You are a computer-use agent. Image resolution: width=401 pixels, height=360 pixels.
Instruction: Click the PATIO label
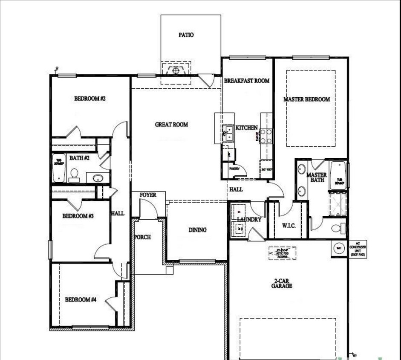[x=186, y=35]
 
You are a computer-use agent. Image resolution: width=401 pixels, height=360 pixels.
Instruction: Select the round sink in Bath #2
[x=98, y=177]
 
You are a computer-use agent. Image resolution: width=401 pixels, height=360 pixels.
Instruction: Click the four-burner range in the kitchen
[x=266, y=136]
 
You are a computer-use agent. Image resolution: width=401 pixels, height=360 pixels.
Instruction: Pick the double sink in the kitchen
[x=228, y=136]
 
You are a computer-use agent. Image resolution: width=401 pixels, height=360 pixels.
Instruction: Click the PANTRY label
[x=234, y=168]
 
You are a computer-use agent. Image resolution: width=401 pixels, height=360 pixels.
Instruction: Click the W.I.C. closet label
[x=288, y=226]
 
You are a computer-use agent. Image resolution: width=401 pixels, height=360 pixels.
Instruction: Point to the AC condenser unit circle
[x=339, y=249]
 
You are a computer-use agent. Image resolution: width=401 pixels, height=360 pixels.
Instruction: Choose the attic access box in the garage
[x=282, y=254]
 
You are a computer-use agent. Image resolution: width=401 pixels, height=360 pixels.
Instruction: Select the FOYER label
[x=148, y=195]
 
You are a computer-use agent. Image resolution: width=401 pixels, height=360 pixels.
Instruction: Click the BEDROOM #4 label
[x=81, y=300]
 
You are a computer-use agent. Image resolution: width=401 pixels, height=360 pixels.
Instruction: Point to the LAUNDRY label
[x=249, y=220]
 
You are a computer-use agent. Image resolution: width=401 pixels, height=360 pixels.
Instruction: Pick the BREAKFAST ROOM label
[x=246, y=81]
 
